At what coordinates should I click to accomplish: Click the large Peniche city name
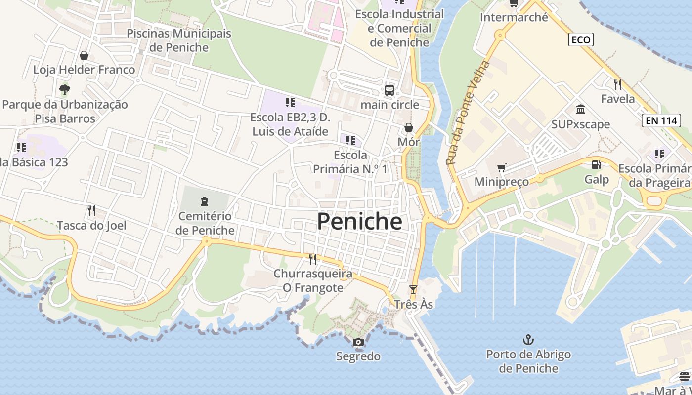click(x=359, y=222)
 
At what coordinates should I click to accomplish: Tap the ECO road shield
click(x=581, y=39)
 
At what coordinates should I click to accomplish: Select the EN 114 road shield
click(x=661, y=120)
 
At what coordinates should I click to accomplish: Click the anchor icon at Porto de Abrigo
click(x=528, y=340)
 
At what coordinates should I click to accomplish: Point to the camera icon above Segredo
click(x=358, y=342)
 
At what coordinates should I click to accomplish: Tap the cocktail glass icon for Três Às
click(x=413, y=290)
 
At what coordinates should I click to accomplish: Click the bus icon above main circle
click(x=389, y=90)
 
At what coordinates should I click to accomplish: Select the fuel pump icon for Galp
click(x=597, y=165)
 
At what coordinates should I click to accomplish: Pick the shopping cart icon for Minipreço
click(x=502, y=168)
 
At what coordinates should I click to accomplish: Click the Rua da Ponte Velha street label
click(x=467, y=113)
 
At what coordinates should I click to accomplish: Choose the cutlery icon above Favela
click(x=617, y=84)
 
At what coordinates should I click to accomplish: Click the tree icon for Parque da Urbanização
click(x=64, y=90)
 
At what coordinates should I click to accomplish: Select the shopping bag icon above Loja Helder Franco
click(x=84, y=55)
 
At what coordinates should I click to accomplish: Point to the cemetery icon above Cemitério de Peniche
click(x=205, y=201)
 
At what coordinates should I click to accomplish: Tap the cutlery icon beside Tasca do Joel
click(x=91, y=211)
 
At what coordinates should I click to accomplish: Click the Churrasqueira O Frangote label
click(x=313, y=280)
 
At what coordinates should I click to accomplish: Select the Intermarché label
click(x=514, y=17)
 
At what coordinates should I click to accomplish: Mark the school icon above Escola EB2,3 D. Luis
click(x=290, y=103)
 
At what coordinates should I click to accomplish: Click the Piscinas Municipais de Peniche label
click(x=179, y=40)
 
